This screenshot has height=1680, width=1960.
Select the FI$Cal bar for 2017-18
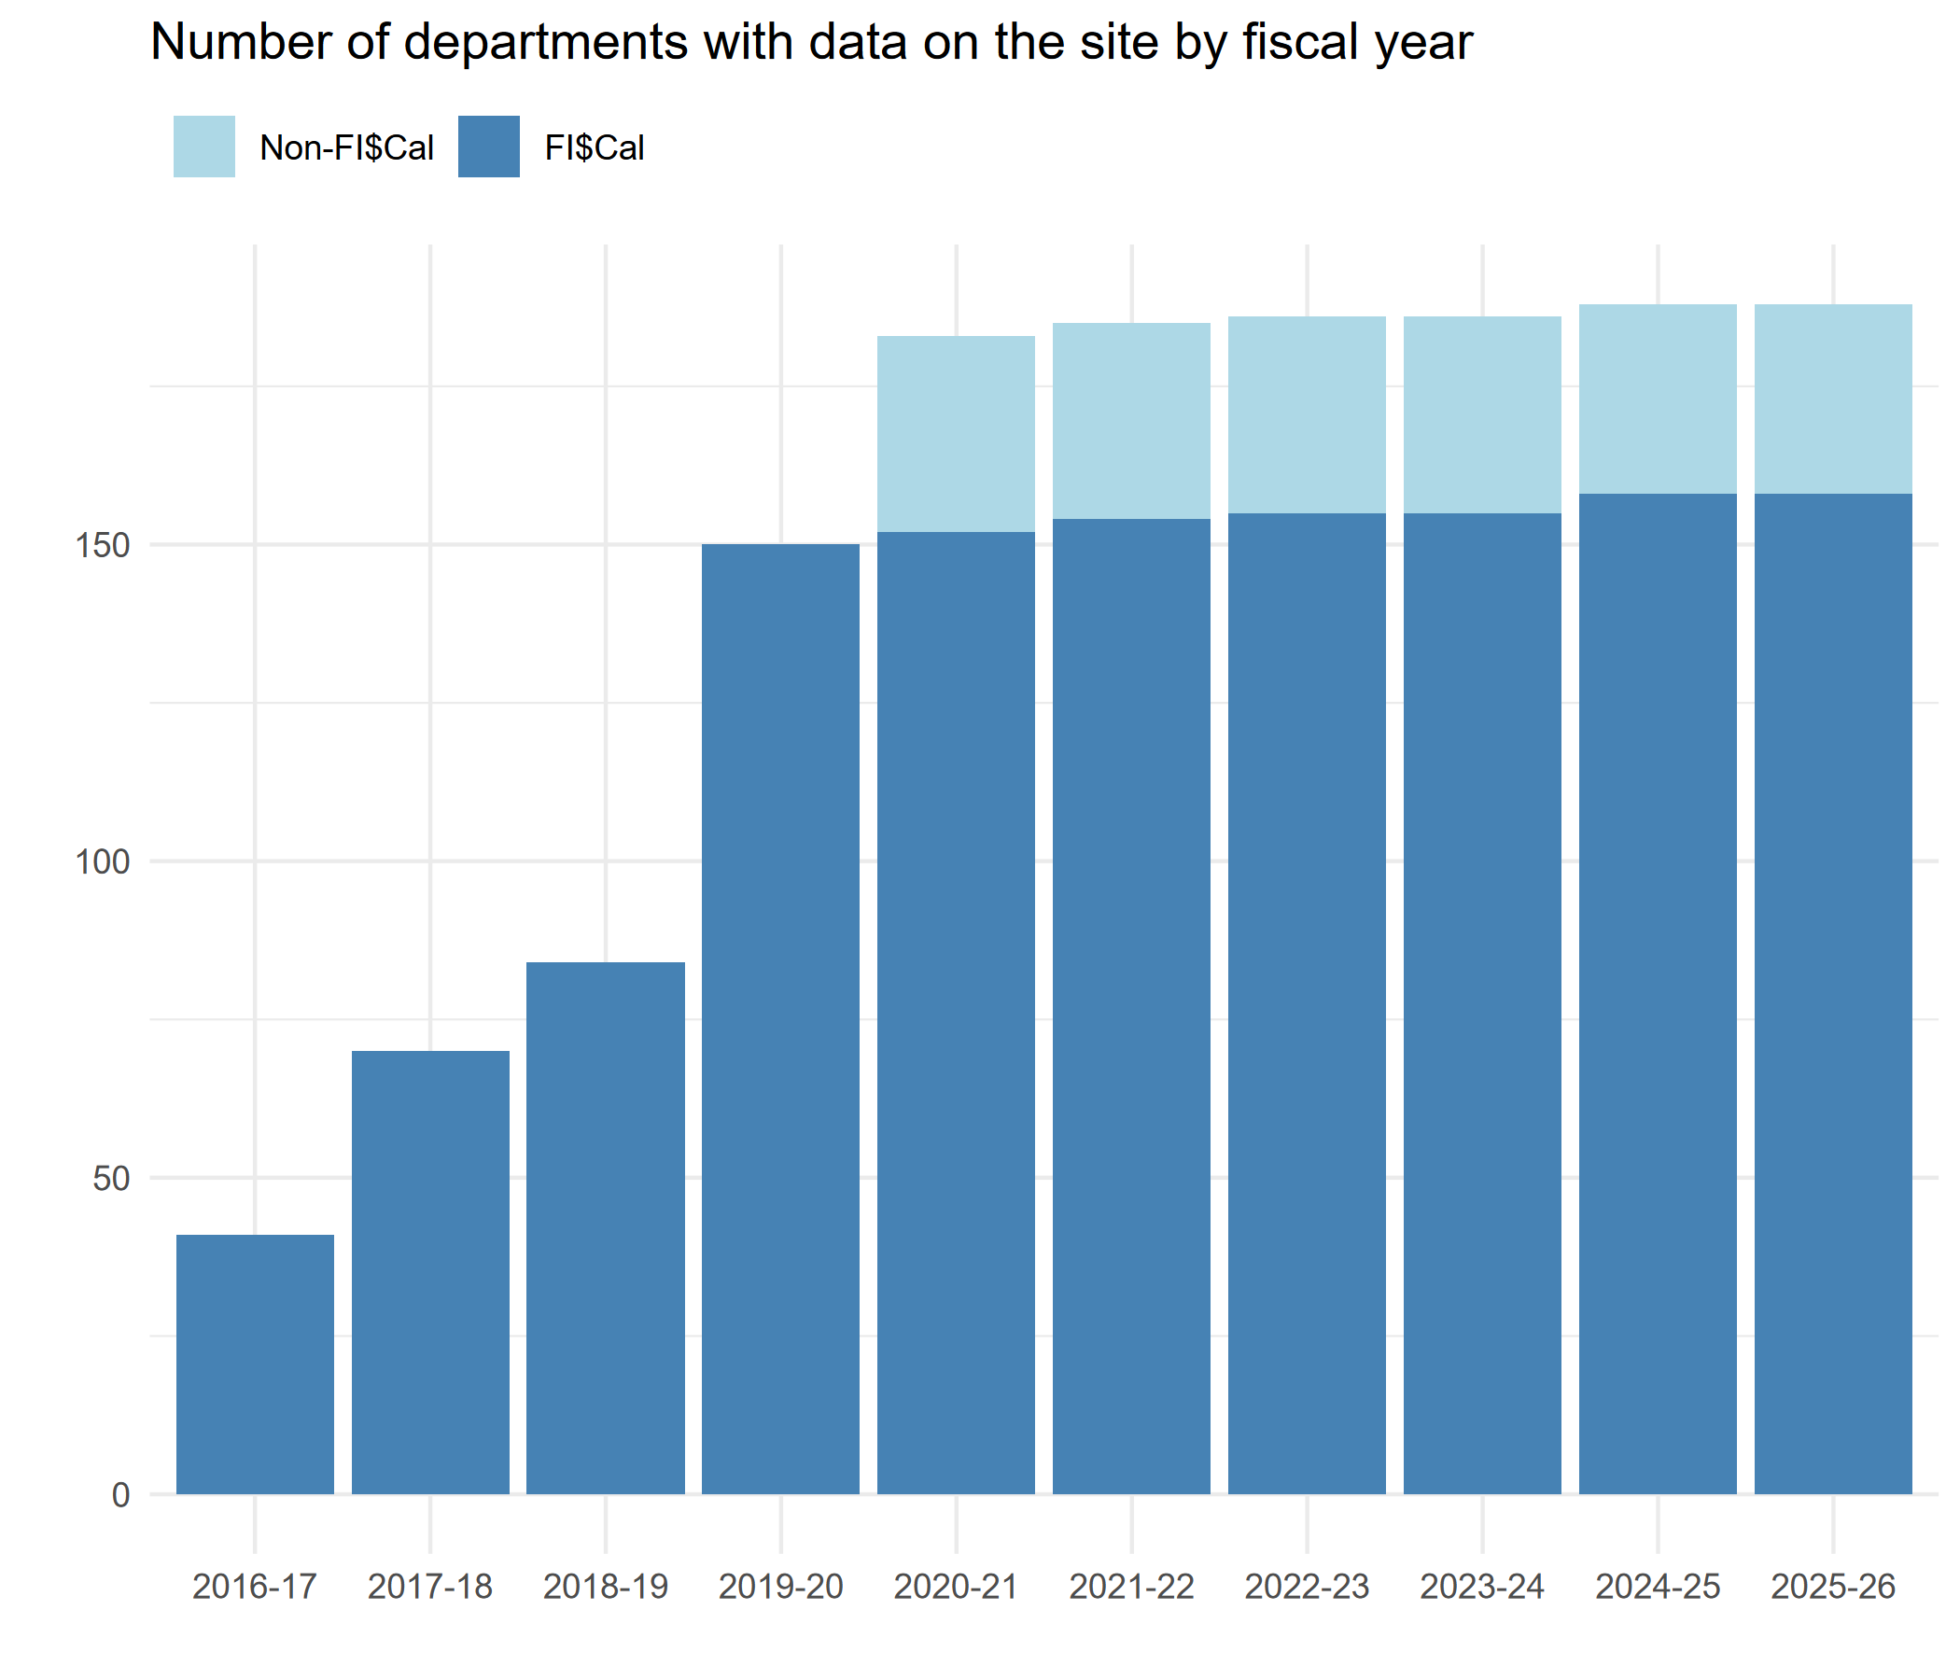click(x=430, y=1272)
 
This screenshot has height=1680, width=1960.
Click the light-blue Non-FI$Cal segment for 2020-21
click(x=956, y=434)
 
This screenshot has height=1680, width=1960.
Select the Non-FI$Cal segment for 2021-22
click(x=1131, y=421)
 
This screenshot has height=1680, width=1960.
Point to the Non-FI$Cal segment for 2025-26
click(x=1832, y=399)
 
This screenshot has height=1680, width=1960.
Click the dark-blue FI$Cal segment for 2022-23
click(x=1307, y=1002)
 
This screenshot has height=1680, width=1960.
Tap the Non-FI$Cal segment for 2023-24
click(x=1481, y=415)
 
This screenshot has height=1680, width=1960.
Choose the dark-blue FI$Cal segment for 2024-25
click(x=1658, y=993)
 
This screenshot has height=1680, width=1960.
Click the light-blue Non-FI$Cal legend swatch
click(x=204, y=147)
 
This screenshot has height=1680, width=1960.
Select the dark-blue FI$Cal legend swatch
click(x=489, y=147)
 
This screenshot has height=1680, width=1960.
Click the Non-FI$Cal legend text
click(x=346, y=148)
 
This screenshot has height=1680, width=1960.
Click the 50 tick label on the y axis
click(x=111, y=1180)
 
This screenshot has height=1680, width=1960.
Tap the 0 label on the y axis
click(x=120, y=1495)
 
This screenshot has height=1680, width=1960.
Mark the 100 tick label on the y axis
click(x=101, y=862)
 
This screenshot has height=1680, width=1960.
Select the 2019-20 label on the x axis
click(x=780, y=1587)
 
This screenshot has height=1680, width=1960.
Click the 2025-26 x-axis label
click(x=1832, y=1587)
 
